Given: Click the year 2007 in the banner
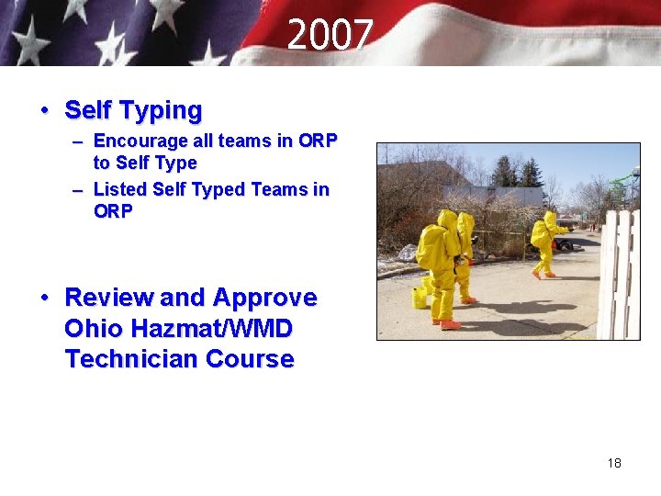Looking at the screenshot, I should (330, 37).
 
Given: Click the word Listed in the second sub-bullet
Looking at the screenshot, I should (120, 190).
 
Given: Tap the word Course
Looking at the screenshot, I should (251, 359).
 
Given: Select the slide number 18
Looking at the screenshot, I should (614, 463).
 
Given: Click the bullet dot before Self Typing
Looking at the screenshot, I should (45, 111).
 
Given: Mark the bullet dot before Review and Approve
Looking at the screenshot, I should (45, 299).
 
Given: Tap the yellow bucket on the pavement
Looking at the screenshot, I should (420, 298).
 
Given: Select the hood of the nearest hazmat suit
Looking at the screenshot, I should (447, 220).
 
